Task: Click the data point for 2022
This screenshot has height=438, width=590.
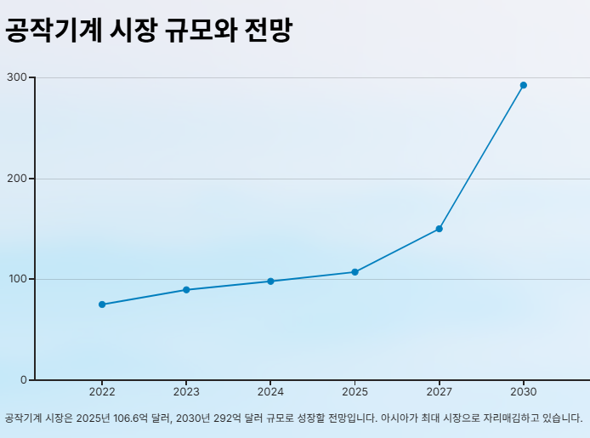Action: pyautogui.click(x=102, y=304)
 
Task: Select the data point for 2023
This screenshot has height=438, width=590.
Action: pyautogui.click(x=186, y=290)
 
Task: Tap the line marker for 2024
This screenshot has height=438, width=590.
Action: pyautogui.click(x=270, y=281)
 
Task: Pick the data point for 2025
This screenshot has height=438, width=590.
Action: pyautogui.click(x=355, y=272)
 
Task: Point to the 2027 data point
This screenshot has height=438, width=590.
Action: pyautogui.click(x=439, y=229)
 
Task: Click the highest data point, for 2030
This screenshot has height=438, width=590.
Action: pyautogui.click(x=523, y=85)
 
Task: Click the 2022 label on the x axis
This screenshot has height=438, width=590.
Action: pyautogui.click(x=102, y=392)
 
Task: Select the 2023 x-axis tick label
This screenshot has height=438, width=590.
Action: pyautogui.click(x=186, y=392)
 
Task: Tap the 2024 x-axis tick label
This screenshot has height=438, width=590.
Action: pyautogui.click(x=270, y=392)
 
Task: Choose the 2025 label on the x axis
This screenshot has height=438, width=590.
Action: pyautogui.click(x=355, y=392)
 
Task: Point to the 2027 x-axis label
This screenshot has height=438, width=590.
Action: pyautogui.click(x=439, y=392)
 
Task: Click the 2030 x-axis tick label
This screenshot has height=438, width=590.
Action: pyautogui.click(x=523, y=392)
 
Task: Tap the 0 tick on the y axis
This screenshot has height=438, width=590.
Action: pyautogui.click(x=24, y=379)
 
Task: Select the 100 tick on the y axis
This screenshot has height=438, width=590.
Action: pyautogui.click(x=17, y=279)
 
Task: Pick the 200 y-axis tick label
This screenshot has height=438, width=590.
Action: pyautogui.click(x=17, y=179)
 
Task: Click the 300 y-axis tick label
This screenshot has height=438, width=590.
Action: pyautogui.click(x=17, y=77)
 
